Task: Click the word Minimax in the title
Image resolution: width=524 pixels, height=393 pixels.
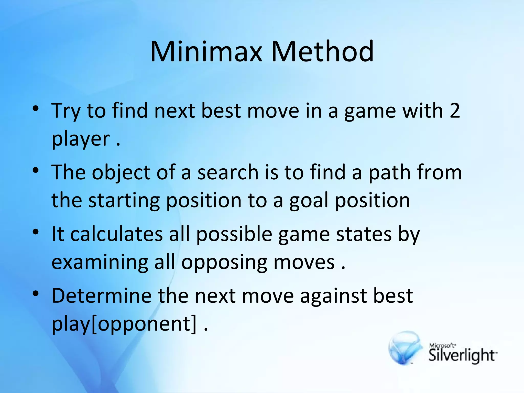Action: tap(206, 52)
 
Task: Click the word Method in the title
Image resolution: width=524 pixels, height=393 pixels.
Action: tap(322, 52)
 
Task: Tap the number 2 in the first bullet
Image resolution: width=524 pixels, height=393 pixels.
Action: tap(454, 111)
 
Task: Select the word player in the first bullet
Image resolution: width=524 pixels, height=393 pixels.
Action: tap(81, 139)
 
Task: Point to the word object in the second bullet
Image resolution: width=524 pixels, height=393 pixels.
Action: tap(121, 173)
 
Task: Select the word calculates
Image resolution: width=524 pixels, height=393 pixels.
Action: tap(116, 234)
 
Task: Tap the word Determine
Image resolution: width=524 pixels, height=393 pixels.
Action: tap(102, 296)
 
